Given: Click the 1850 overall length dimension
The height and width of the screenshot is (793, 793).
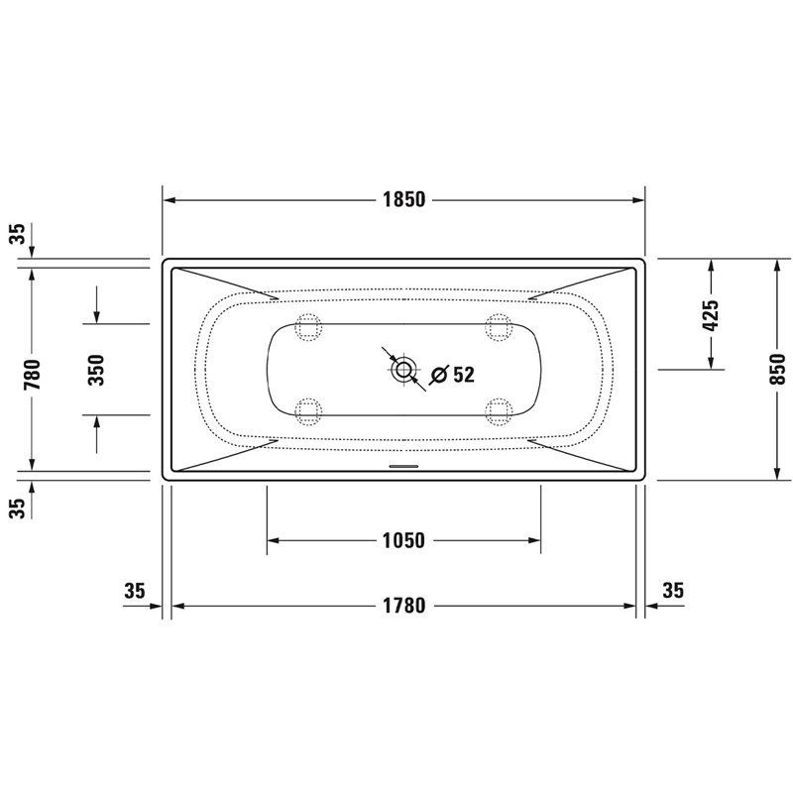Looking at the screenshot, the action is pos(403,200).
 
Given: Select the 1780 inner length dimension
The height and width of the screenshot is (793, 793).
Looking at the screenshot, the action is pos(403,606).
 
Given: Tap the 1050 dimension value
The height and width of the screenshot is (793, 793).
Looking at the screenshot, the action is pos(403,540).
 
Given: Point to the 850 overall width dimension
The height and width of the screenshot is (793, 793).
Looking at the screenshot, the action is pos(778,369).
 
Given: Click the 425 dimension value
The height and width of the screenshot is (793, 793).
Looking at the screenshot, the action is pos(711,315).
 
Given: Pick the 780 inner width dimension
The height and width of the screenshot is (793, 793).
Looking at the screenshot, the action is pos(32,375).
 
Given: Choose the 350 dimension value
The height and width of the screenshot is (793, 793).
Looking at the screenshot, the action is pos(96,370).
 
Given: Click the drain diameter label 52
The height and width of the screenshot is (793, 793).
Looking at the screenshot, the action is pos(464,375).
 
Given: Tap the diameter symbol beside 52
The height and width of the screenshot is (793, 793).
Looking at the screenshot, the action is pos(438,375).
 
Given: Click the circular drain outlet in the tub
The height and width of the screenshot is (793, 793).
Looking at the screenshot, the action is pos(403,369).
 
